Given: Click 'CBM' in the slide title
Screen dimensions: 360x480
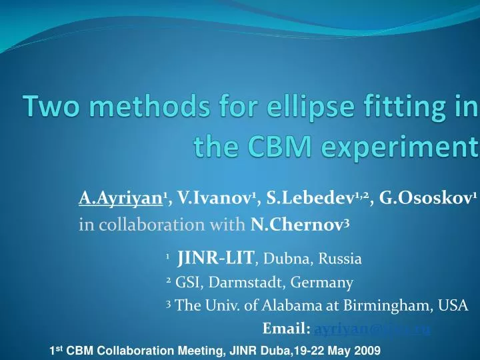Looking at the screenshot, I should (274, 145).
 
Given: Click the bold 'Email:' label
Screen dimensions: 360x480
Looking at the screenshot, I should (287, 329).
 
